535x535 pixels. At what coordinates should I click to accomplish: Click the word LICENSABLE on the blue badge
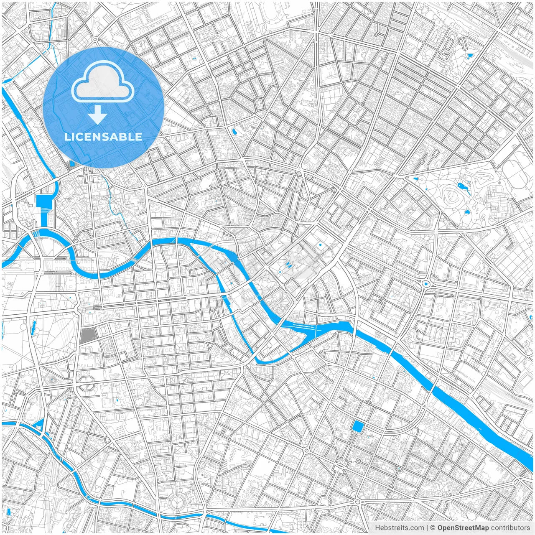[103, 137]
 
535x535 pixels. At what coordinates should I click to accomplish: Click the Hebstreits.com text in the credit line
[399, 528]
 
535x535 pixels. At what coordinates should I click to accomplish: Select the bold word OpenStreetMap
[463, 528]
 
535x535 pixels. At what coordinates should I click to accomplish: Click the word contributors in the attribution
[510, 528]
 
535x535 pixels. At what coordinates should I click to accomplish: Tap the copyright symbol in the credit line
[433, 528]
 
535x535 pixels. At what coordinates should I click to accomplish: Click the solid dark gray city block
[87, 336]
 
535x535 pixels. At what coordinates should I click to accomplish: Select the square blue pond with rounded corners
[358, 427]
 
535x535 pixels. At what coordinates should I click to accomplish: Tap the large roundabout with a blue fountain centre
[426, 284]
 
